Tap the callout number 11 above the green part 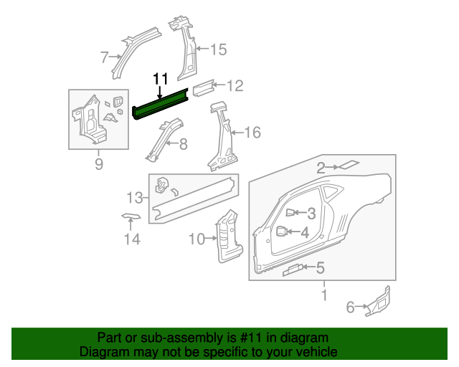pyautogui.click(x=160, y=78)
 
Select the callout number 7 pyautogui.click(x=105, y=57)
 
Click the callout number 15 pyautogui.click(x=217, y=49)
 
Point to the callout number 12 pyautogui.click(x=235, y=86)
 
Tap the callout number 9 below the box pyautogui.click(x=99, y=165)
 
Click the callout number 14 pyautogui.click(x=130, y=239)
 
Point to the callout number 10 pyautogui.click(x=197, y=239)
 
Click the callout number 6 pyautogui.click(x=351, y=308)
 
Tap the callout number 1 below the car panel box pyautogui.click(x=323, y=295)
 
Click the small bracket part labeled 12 pyautogui.click(x=202, y=89)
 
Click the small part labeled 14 pyautogui.click(x=130, y=215)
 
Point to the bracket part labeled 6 pyautogui.click(x=379, y=302)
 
